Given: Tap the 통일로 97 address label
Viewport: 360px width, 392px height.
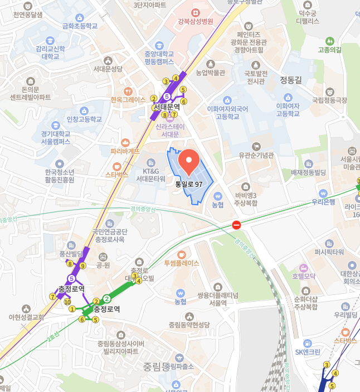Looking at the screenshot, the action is tap(188, 183).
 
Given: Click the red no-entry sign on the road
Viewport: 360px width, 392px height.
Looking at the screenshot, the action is tap(236, 225).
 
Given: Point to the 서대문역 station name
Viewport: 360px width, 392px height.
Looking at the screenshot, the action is tap(167, 107).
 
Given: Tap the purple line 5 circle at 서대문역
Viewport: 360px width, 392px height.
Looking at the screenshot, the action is tap(167, 96).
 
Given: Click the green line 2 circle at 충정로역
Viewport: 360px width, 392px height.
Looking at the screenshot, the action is tap(107, 298).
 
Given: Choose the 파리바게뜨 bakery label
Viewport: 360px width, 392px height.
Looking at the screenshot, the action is tap(125, 151).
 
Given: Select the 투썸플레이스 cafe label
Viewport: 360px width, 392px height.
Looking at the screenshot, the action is tap(181, 263).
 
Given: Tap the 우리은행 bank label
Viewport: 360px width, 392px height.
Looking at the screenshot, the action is tap(323, 202).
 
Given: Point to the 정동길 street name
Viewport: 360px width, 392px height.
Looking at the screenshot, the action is tap(290, 80).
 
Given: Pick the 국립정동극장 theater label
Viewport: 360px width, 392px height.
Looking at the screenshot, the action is tap(329, 100).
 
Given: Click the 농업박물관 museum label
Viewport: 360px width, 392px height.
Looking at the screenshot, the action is tap(211, 72).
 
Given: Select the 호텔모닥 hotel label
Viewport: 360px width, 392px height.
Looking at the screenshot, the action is tap(304, 276).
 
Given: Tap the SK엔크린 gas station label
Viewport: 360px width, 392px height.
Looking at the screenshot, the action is tap(308, 351).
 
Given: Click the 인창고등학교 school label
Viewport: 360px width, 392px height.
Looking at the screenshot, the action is tap(84, 119).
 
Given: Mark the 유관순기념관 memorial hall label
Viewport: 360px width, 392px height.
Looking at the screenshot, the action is tap(256, 155).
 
